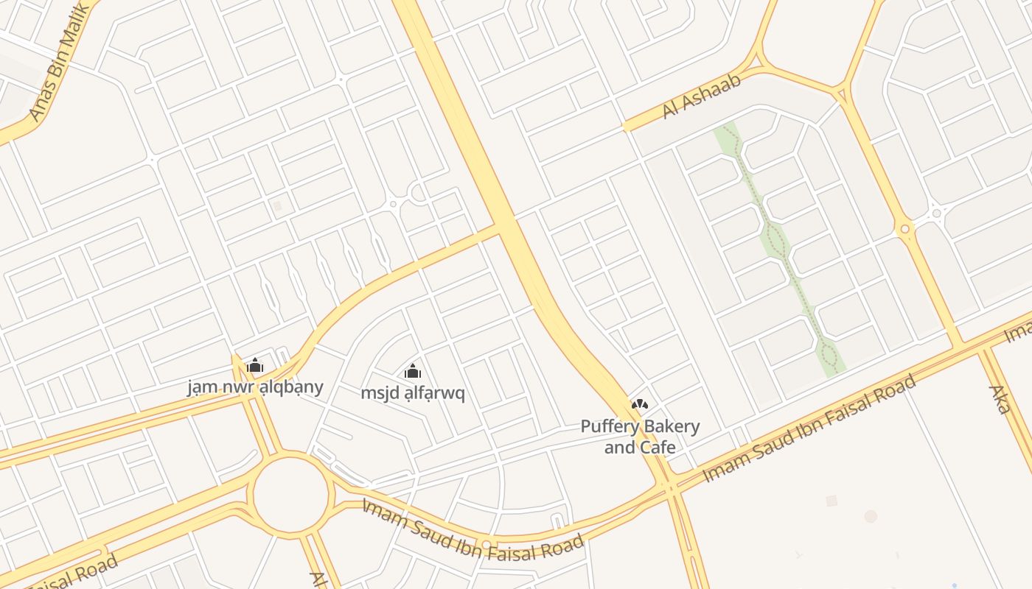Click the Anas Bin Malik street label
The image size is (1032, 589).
point(60,62)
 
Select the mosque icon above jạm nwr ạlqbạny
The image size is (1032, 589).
point(255,365)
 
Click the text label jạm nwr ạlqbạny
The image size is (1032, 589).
point(255,387)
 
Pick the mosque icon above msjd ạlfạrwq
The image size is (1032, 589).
point(413,371)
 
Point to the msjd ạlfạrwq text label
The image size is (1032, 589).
point(413,393)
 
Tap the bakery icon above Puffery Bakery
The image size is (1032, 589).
point(640,404)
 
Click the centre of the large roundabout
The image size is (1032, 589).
point(291,493)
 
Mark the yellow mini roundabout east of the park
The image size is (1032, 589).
point(904,230)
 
